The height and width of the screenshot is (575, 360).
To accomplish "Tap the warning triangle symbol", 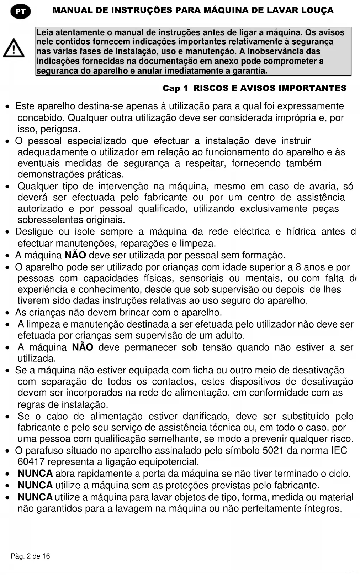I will coord(14,48).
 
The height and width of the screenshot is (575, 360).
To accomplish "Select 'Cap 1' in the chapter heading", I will coord(175,88).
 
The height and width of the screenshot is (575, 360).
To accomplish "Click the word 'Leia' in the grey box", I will coord(45,33).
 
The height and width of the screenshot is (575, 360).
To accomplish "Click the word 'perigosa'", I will coord(60,129).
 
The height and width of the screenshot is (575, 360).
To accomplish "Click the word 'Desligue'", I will coord(34,232).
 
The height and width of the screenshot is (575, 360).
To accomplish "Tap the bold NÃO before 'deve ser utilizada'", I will coord(75,255).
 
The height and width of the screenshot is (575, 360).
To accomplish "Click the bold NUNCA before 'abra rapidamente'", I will coord(35,474).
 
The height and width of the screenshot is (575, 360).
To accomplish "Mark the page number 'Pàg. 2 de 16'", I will coord(31,556).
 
